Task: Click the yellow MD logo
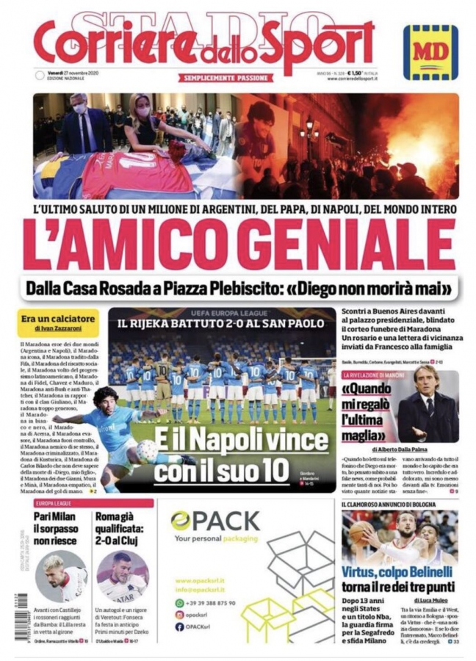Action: (x=430, y=52)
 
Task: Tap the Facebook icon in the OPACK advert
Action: (x=179, y=626)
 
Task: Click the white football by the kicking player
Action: (x=147, y=449)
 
